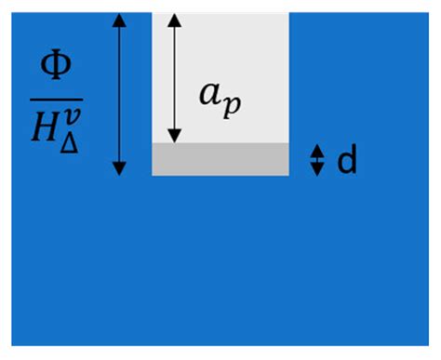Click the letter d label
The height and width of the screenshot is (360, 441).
[346, 161]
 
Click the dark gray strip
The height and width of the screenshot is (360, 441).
[220, 159]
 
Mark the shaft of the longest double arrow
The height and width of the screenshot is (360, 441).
[119, 93]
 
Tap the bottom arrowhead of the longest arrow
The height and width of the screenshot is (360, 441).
[119, 168]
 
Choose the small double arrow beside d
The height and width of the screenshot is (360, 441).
[316, 160]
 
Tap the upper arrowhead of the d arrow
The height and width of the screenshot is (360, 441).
[316, 151]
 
